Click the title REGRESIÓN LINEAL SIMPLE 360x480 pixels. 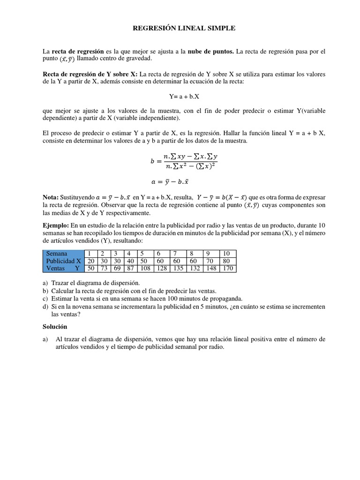[x=184, y=29]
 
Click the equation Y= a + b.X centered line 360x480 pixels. [x=184, y=96]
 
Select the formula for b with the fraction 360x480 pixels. [x=184, y=161]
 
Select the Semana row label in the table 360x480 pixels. [x=57, y=254]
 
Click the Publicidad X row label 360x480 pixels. [x=64, y=261]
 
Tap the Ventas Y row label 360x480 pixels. [x=63, y=269]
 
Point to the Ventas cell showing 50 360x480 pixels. [x=91, y=269]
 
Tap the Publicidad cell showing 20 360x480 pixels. [x=91, y=261]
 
